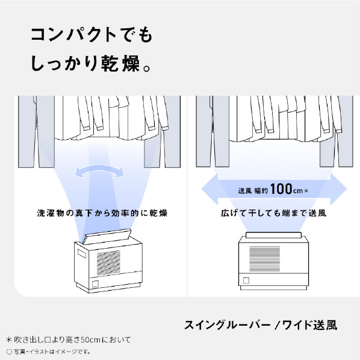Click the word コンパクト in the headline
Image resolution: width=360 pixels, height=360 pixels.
(x=73, y=35)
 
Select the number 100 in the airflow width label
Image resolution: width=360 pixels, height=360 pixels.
(x=281, y=189)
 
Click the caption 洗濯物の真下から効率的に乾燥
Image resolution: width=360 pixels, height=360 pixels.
(x=102, y=213)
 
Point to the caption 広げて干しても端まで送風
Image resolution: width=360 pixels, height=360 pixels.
(x=273, y=213)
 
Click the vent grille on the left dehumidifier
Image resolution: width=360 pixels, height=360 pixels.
(x=108, y=262)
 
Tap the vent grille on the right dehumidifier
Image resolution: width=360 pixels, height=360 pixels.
(x=264, y=258)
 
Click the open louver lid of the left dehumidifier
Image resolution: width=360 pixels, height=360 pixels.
(x=107, y=236)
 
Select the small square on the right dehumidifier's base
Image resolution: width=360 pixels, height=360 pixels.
(x=246, y=281)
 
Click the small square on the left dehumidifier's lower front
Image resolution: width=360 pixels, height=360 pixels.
(x=95, y=284)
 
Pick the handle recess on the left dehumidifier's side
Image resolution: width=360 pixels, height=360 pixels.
(x=81, y=253)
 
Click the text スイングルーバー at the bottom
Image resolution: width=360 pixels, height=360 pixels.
(x=228, y=325)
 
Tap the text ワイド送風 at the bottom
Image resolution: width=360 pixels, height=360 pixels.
(x=309, y=325)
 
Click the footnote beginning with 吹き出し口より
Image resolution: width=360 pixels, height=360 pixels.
(x=68, y=340)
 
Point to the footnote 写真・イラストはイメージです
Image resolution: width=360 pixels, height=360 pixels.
(x=48, y=352)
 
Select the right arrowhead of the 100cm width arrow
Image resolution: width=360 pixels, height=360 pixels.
(x=338, y=189)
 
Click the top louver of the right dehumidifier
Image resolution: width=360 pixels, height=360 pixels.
(x=273, y=235)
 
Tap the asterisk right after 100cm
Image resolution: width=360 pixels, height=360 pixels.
(x=306, y=191)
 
